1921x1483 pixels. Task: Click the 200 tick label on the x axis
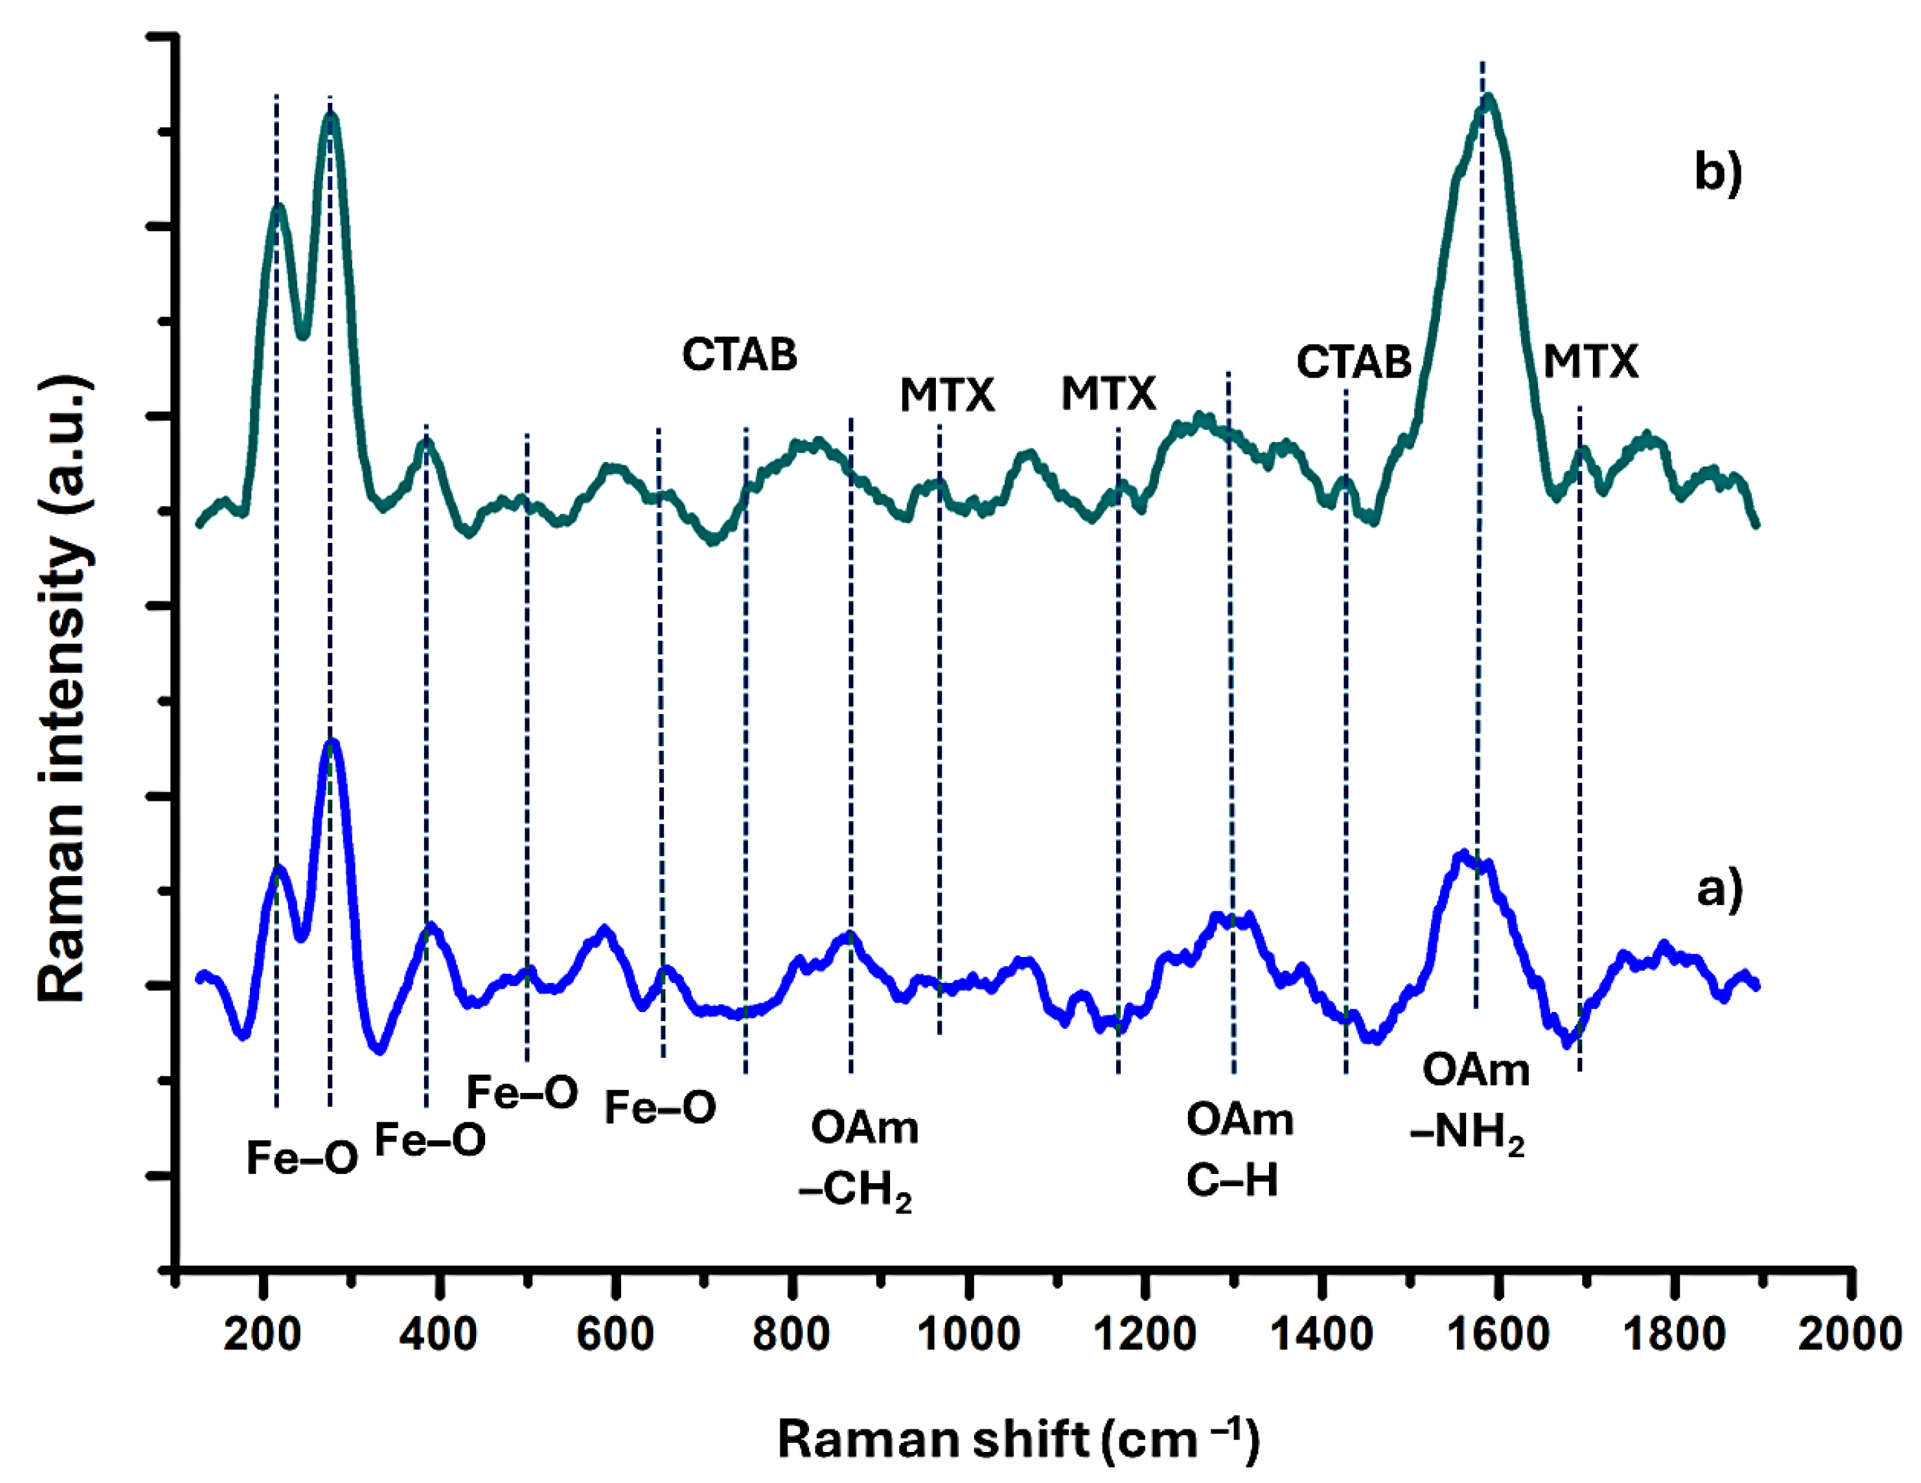click(261, 1334)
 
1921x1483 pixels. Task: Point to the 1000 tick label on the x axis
click(968, 1334)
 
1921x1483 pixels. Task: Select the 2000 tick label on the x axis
click(1850, 1334)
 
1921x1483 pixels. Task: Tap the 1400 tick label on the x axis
click(1321, 1334)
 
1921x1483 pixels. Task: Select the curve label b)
click(1717, 172)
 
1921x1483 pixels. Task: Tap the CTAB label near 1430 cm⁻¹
click(1353, 361)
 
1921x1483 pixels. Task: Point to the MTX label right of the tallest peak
click(1590, 361)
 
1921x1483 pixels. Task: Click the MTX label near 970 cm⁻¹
click(946, 395)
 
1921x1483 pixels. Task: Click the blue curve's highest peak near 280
click(332, 743)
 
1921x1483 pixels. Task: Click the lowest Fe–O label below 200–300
click(301, 1158)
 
